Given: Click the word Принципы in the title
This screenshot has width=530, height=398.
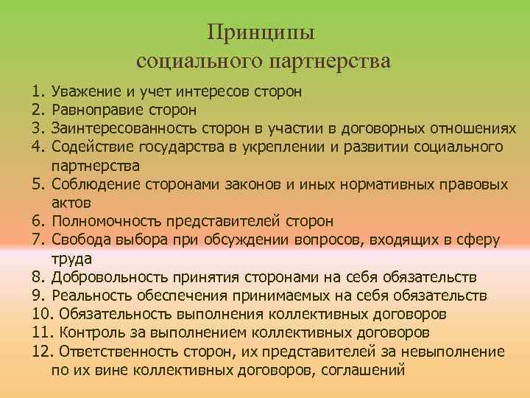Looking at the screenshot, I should coord(261,33).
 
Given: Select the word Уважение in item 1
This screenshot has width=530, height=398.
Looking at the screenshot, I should coord(85,93).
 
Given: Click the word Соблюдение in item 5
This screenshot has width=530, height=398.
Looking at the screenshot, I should coord(95,184).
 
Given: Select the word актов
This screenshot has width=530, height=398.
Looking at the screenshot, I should coord(72,202).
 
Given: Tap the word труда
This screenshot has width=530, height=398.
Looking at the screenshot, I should coord(71,258).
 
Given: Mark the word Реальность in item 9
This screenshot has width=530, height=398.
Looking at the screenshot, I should coord(92,296).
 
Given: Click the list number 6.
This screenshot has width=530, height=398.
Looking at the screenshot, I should coord(39,221).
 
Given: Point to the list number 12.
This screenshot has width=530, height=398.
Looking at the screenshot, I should coord(43,352).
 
